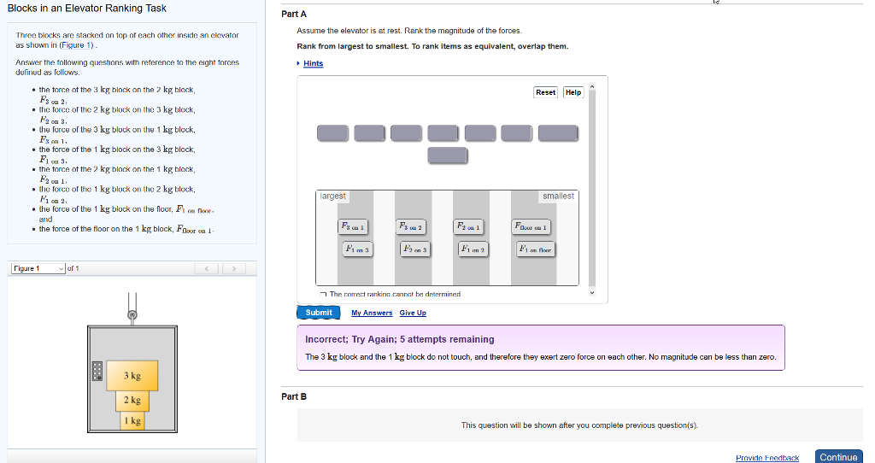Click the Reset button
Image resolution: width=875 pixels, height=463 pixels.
[545, 92]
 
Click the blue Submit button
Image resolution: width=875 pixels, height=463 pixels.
[318, 313]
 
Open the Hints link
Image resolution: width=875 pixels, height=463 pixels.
[313, 64]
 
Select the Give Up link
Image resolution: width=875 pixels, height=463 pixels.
[413, 313]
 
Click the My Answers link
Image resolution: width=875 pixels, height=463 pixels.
[372, 313]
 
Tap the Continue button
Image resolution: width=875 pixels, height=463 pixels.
[837, 457]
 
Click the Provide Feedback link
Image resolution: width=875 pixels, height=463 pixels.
[766, 458]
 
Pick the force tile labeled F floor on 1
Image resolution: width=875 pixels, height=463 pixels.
[531, 226]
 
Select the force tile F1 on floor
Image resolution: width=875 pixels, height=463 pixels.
[535, 249]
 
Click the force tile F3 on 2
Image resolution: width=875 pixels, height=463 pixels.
[411, 226]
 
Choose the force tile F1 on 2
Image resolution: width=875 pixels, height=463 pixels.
[473, 249]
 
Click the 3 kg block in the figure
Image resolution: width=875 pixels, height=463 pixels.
[132, 376]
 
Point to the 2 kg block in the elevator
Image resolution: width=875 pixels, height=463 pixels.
[132, 400]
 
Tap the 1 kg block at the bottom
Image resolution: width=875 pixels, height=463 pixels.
[132, 420]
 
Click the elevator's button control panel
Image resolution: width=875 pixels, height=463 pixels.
[98, 370]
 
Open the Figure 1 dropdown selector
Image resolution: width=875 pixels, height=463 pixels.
[38, 269]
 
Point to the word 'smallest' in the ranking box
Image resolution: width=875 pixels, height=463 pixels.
[558, 196]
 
